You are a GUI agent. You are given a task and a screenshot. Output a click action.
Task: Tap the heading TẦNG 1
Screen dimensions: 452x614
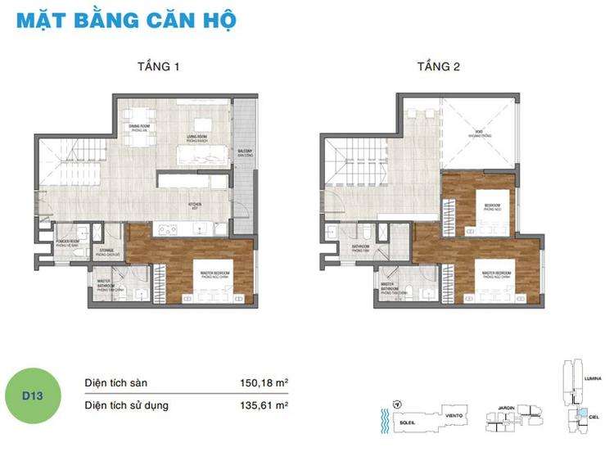158,67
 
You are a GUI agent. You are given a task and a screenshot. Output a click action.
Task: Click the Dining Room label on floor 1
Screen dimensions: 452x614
139,128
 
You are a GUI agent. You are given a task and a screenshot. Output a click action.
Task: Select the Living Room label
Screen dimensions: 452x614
196,137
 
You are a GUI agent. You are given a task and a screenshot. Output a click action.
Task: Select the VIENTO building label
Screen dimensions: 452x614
455,416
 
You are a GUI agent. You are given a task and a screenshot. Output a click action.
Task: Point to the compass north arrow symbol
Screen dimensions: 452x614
396,405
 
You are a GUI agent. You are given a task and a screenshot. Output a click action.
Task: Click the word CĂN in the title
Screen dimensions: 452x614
162,18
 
